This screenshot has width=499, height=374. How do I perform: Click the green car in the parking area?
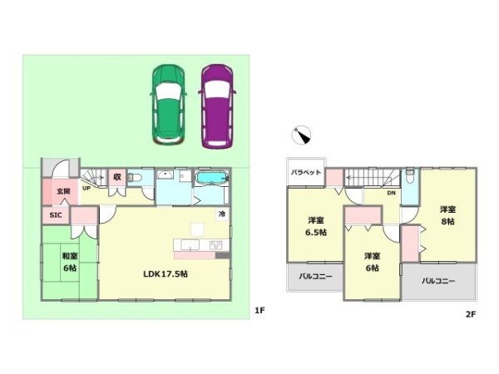pos(168,105)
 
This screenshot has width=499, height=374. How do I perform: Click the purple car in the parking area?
pos(217,106)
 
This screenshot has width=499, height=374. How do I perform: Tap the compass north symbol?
pos(301,135)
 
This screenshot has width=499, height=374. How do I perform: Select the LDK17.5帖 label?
pos(166,273)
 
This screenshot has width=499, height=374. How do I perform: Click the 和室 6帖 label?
pos(70,262)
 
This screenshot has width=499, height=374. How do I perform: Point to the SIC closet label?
pos(56,215)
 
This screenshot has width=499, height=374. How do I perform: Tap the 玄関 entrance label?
pos(63,191)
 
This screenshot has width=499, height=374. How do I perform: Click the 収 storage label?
pos(117,177)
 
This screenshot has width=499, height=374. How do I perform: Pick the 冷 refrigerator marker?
pos(222,214)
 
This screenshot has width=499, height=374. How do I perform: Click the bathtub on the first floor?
pos(211,178)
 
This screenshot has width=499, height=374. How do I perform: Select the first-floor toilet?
pos(135,178)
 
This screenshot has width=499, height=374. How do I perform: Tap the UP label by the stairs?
pos(86,189)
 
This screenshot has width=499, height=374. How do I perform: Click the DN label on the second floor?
pos(392,193)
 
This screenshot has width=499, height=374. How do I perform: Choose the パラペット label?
pos(306,172)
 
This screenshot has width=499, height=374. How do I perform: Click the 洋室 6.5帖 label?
pos(316,226)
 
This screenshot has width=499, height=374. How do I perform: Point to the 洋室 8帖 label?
pos(447,215)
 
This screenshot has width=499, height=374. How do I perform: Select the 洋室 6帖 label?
pos(372,262)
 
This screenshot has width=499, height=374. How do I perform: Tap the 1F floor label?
pos(259,310)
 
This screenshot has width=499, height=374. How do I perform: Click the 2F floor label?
pos(471,314)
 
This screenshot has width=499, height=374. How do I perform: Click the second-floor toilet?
pos(410,176)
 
